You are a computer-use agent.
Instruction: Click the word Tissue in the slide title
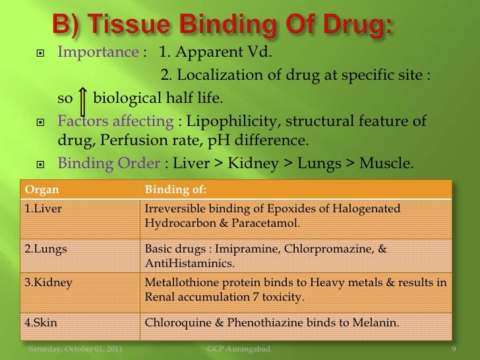[135, 28]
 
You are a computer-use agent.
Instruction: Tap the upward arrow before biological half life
[83, 99]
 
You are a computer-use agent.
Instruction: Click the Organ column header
[42, 190]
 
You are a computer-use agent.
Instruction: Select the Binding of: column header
[175, 190]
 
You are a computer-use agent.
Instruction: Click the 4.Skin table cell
[44, 323]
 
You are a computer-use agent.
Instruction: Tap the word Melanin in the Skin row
[373, 323]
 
